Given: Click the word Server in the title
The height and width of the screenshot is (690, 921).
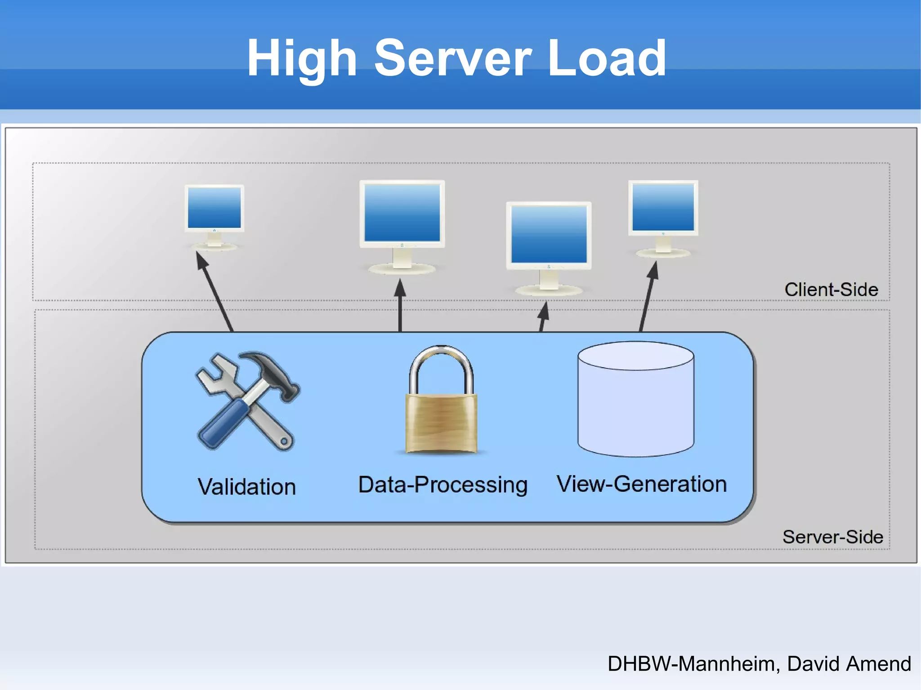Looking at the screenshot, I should click(x=453, y=58).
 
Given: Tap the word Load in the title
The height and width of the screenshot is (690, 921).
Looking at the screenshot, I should click(x=607, y=58).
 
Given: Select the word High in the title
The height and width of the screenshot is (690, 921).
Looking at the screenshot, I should click(x=302, y=58).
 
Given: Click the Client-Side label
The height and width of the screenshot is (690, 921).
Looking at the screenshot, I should click(x=831, y=289).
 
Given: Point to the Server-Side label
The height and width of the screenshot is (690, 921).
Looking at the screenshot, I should click(x=832, y=537).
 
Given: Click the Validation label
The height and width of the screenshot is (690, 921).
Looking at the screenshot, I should click(x=247, y=487).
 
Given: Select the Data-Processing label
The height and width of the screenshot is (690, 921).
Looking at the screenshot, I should click(x=443, y=485).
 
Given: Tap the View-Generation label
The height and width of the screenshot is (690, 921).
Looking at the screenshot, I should click(x=642, y=484).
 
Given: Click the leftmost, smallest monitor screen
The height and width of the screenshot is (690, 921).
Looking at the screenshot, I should click(x=215, y=208).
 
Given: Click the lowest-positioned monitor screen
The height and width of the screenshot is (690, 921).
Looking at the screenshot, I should click(x=549, y=234).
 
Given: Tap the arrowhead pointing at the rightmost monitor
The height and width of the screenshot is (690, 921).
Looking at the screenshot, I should click(x=653, y=271).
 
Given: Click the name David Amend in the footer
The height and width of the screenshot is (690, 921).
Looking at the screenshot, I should click(x=849, y=664).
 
